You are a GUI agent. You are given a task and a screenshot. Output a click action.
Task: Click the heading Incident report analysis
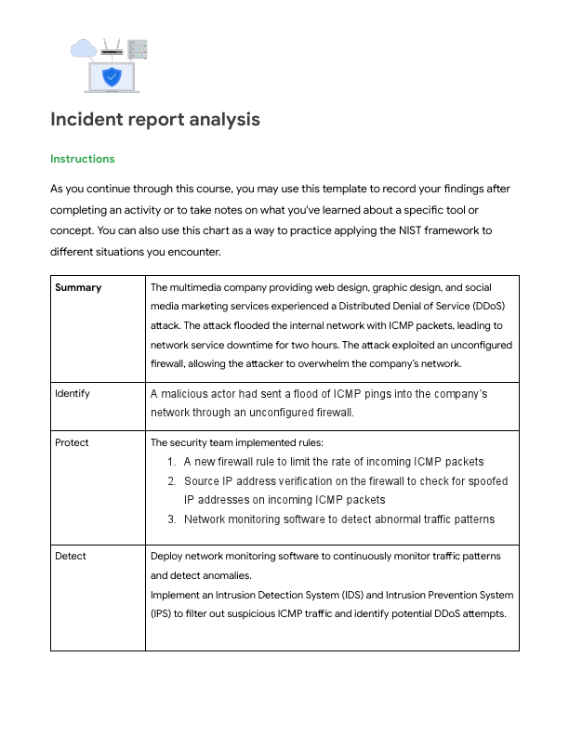coord(154,120)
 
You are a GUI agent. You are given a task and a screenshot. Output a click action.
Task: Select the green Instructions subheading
coord(83,159)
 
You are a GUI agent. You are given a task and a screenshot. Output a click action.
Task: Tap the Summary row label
coord(78,288)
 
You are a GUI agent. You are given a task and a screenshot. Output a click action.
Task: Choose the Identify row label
coord(73,393)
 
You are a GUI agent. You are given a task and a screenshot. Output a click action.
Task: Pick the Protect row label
coord(72,442)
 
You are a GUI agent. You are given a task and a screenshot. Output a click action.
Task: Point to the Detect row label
coord(71,556)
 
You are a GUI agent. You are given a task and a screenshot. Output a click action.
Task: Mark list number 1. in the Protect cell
coord(172,462)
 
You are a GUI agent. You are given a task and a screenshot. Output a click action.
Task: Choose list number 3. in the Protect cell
coord(172,519)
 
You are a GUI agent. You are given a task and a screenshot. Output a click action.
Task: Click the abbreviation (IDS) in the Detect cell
coord(341,595)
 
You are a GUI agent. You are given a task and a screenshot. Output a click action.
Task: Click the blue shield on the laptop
coord(112,76)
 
